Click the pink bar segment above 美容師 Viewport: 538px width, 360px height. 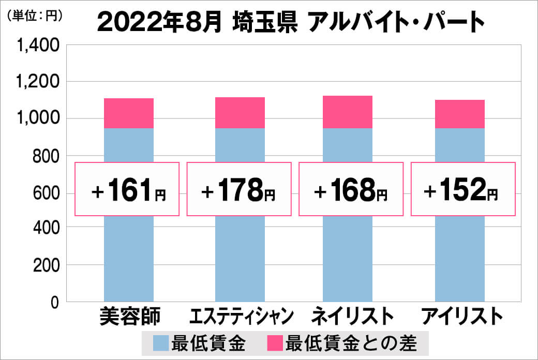(x=129, y=113)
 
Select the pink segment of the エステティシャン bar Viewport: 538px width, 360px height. (x=240, y=112)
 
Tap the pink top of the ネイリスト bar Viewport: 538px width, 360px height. (x=347, y=112)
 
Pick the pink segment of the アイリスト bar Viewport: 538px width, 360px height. (x=459, y=114)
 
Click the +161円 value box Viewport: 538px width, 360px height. (x=128, y=189)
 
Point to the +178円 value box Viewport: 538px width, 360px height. (x=238, y=189)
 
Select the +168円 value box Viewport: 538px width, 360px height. (x=351, y=189)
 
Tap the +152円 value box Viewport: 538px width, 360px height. (x=462, y=189)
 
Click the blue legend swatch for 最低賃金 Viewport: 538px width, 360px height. (x=161, y=343)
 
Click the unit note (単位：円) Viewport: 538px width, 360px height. (x=35, y=16)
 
